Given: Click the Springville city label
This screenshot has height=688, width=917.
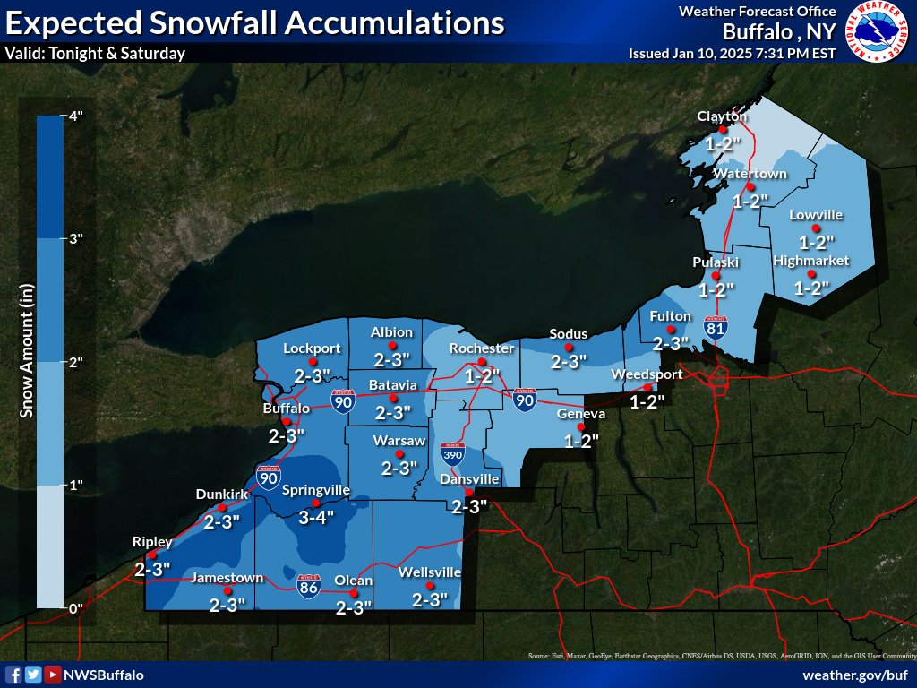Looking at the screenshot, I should [315, 490].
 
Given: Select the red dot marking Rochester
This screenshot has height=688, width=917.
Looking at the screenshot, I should [482, 361].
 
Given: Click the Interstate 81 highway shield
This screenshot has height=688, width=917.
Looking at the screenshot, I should [715, 328].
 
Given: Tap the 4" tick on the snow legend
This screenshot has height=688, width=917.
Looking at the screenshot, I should [75, 116].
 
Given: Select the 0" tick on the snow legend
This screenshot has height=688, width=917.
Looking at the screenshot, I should [75, 608].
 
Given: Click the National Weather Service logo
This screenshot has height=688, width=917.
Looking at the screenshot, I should [877, 32].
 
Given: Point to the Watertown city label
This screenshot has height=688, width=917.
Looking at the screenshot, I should [750, 173].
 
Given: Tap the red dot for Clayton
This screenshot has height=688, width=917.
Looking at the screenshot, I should [722, 129].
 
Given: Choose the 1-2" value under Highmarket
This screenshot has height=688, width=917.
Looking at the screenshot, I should [812, 288].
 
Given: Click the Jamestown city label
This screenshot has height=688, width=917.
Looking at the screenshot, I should [227, 578].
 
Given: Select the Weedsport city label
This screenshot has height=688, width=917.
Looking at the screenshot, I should [647, 374].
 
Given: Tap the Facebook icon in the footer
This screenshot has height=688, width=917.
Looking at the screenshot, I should [13, 675].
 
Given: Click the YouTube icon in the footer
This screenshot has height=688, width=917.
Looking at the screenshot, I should [53, 675].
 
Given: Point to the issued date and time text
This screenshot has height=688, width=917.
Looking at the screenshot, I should [732, 53].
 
